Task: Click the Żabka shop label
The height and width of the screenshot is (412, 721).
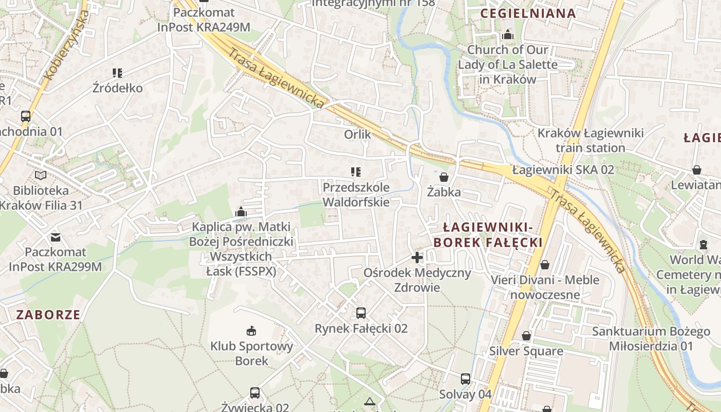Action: coord(444,192)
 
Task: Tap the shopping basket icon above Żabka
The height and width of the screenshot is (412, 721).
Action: coord(444,177)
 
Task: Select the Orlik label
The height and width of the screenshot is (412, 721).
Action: coord(357,134)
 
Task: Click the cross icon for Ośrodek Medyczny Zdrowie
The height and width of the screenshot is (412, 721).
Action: coord(417,257)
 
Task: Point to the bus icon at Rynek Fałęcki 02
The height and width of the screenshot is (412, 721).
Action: coord(361,313)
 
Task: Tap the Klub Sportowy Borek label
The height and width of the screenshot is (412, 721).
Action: coord(252,353)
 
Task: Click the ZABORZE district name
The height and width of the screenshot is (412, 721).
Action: coord(48,315)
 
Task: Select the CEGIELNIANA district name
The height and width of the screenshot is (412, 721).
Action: coord(528,13)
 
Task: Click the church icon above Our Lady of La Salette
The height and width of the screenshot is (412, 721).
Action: coord(508,35)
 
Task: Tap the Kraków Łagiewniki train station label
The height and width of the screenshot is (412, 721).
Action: coord(590,141)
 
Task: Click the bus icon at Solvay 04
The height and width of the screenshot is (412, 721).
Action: coord(466,379)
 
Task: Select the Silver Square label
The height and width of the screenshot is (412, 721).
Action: coord(526,351)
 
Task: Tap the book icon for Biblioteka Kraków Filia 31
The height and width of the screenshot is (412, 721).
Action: coord(41,176)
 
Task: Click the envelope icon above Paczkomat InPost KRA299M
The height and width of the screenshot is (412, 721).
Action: coord(55,237)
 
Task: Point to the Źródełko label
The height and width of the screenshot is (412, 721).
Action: coord(117,88)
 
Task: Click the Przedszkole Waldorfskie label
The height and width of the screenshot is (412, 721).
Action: coord(356,194)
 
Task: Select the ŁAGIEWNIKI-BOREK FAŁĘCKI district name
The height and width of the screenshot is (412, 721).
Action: coord(488,235)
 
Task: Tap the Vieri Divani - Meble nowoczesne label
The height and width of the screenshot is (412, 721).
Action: coord(545,287)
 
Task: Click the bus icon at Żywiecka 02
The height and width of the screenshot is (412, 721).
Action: coord(255,393)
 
